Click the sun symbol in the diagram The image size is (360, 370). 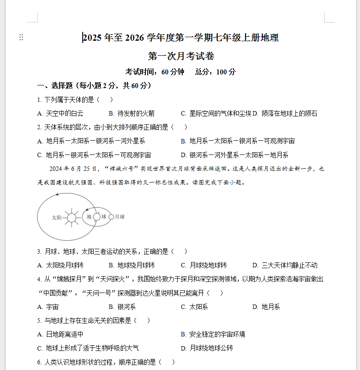pos(71,217)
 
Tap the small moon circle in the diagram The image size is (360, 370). pos(111,217)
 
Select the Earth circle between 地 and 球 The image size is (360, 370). pos(96,217)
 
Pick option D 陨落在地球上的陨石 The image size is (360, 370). pos(285,113)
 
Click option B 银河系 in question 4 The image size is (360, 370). pos(122,307)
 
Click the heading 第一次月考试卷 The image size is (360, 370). pos(181,56)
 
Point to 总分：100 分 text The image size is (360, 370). pos(215,72)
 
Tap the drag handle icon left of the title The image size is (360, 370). pos(21,38)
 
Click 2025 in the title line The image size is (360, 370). pos(92,38)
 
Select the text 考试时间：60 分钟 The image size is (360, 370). pos(154,72)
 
